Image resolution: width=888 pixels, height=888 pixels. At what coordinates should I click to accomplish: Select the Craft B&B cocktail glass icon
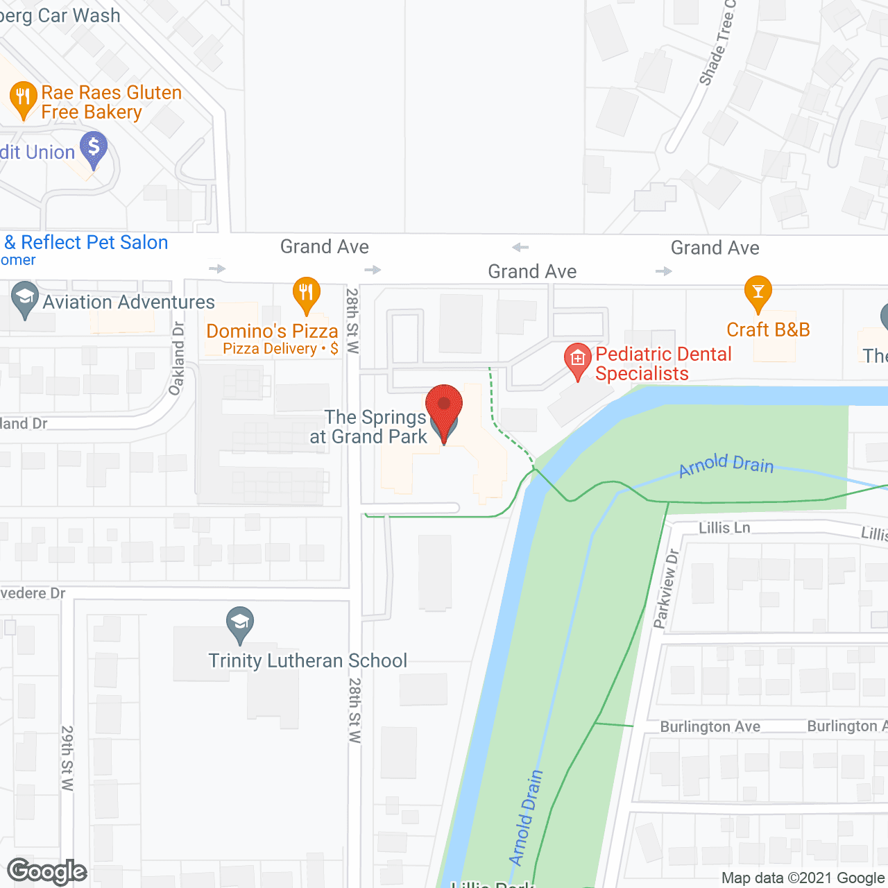click(x=758, y=293)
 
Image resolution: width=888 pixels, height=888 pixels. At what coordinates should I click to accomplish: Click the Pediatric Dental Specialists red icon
click(x=577, y=360)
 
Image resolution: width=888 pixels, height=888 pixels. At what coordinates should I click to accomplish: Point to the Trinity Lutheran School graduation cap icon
click(x=240, y=624)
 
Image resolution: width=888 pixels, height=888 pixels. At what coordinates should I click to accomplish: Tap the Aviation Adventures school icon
click(x=25, y=299)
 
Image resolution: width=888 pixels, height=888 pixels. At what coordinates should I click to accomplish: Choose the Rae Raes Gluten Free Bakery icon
click(x=24, y=99)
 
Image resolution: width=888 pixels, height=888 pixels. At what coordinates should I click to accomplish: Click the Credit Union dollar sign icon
click(x=94, y=149)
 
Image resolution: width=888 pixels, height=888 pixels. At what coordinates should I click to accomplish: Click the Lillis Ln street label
click(x=724, y=528)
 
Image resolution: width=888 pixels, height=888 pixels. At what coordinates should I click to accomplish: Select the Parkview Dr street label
click(x=665, y=589)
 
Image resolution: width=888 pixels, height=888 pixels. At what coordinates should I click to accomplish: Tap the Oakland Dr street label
click(x=177, y=359)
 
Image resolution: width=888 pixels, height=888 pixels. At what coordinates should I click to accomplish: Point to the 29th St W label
click(x=67, y=758)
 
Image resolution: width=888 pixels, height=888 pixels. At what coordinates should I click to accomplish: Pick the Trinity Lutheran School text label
click(x=308, y=660)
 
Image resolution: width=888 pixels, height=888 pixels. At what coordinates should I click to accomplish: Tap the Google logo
click(x=47, y=871)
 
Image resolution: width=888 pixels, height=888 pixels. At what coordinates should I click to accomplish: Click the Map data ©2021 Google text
click(x=803, y=878)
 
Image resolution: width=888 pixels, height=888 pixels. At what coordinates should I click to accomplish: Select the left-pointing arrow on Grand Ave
click(x=520, y=248)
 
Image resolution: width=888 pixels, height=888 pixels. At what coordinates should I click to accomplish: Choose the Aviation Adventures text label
click(x=129, y=302)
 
